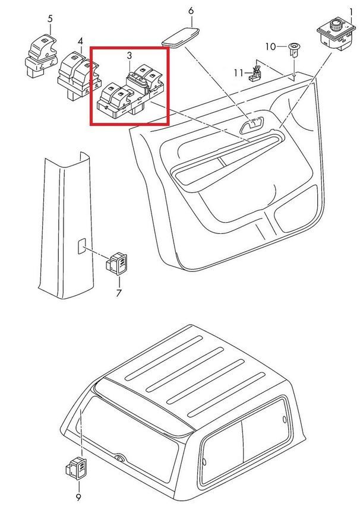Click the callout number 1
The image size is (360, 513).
click(351, 12)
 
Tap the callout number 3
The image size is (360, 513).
click(130, 56)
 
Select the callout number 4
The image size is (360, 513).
click(80, 41)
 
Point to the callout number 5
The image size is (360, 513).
click(50, 18)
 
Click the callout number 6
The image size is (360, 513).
click(191, 11)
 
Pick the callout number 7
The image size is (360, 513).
click(118, 293)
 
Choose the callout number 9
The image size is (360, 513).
click(78, 498)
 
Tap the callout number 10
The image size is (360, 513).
click(271, 47)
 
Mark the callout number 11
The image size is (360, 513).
click(239, 72)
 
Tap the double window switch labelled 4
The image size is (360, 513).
click(78, 75)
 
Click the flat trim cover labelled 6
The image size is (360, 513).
click(181, 37)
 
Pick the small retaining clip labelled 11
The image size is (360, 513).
click(255, 74)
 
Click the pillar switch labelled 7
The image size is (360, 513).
click(116, 264)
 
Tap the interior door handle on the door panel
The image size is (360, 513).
click(252, 125)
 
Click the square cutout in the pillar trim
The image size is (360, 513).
click(81, 246)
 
